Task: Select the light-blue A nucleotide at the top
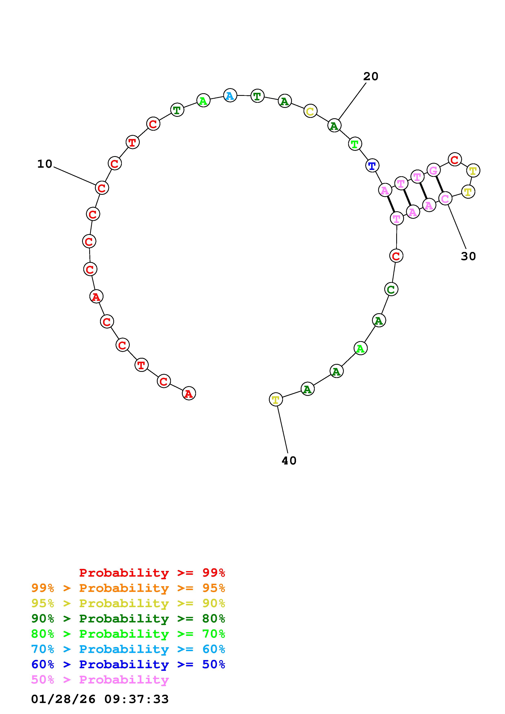tap(230, 95)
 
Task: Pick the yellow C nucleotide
tap(310, 111)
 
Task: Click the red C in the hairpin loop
tap(455, 160)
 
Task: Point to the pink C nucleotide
tap(445, 198)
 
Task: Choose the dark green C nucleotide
tap(391, 289)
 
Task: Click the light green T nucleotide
tap(355, 144)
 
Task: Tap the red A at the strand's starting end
tap(189, 393)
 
